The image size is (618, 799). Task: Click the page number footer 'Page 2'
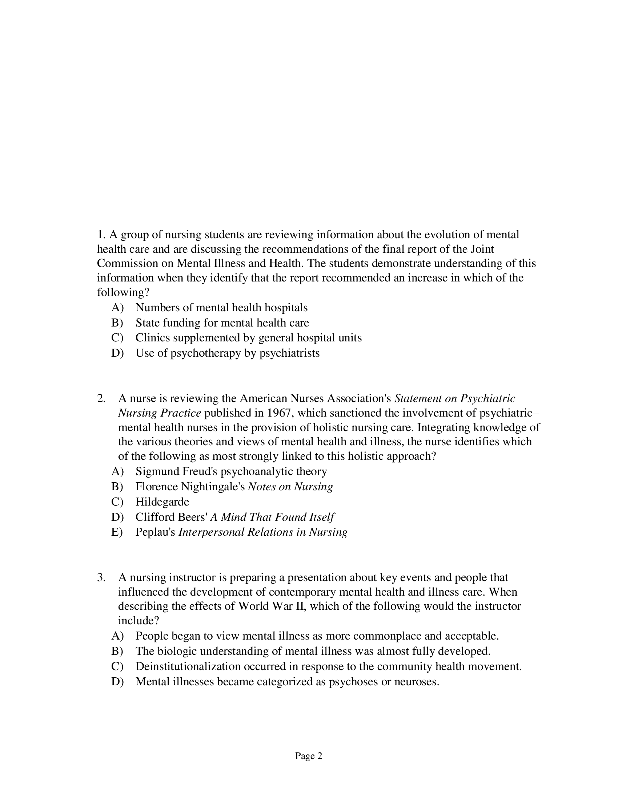pos(308,756)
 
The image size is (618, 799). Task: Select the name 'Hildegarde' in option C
pos(162,502)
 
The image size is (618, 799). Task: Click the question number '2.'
pos(101,398)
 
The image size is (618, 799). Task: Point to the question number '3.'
pos(101,578)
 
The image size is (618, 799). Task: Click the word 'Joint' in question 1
pos(482,249)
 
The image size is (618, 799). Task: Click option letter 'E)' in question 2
pos(117,532)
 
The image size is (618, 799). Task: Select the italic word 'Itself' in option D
pos(324,517)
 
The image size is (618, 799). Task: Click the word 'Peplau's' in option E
pos(155,532)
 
